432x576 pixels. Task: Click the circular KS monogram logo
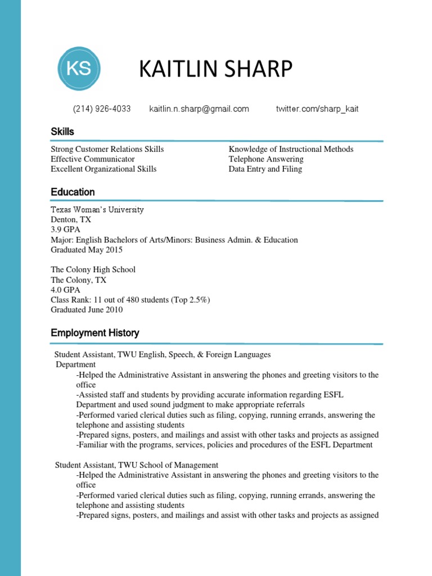(x=79, y=69)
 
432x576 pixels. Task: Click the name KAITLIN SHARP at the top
(x=215, y=70)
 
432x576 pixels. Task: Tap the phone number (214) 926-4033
(x=102, y=109)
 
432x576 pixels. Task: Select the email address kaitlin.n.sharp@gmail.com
(x=199, y=109)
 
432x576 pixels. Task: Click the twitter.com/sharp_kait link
(x=317, y=109)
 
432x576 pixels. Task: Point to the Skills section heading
(x=62, y=132)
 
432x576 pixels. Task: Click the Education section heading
(x=73, y=192)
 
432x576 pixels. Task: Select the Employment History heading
(x=95, y=333)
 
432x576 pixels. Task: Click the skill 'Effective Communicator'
(x=93, y=159)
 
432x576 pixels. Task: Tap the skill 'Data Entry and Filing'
(x=265, y=169)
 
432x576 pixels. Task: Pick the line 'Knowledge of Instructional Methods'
(x=291, y=149)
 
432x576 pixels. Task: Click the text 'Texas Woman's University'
(x=97, y=210)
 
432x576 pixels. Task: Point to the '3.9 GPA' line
(x=66, y=230)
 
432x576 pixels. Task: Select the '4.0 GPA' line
(x=66, y=290)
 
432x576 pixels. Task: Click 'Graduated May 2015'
(x=87, y=250)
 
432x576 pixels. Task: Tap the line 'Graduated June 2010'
(x=87, y=310)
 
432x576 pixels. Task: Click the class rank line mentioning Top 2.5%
(x=130, y=300)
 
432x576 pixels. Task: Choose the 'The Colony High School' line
(x=93, y=269)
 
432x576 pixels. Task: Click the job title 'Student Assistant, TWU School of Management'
(x=136, y=465)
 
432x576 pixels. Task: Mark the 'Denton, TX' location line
(x=71, y=220)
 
